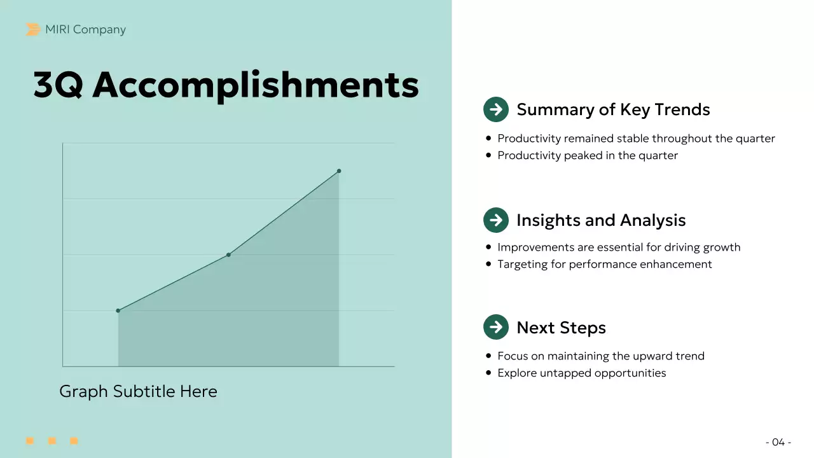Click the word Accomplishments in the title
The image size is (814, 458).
tap(256, 85)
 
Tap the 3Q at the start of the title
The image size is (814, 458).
tap(58, 85)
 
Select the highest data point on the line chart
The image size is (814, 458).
tap(339, 170)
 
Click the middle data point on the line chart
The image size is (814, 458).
tap(228, 254)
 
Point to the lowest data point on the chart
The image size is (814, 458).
tap(118, 310)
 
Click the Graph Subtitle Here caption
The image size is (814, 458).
tap(138, 391)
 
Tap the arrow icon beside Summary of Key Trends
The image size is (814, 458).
tap(496, 109)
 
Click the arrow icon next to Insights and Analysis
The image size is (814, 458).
tap(496, 220)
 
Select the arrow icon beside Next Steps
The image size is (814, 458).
tap(496, 327)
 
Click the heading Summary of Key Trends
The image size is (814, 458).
tap(613, 109)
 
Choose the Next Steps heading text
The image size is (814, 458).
tap(561, 328)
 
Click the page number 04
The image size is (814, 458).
tap(778, 442)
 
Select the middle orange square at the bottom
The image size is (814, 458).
tap(52, 441)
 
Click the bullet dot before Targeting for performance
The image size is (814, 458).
tap(488, 264)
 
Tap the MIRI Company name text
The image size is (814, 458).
tap(85, 29)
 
